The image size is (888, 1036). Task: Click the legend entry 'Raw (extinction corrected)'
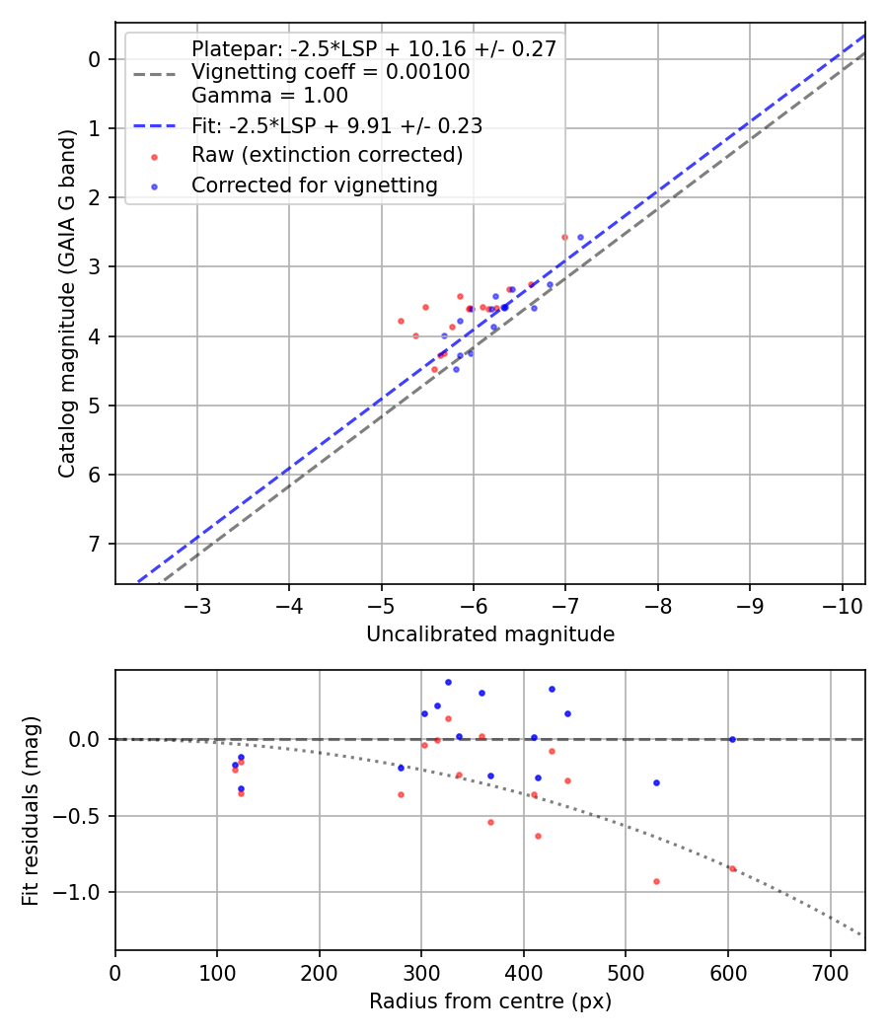[x=327, y=155]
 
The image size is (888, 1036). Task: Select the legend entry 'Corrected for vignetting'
[x=315, y=185]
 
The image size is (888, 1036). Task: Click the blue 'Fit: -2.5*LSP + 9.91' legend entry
[x=336, y=125]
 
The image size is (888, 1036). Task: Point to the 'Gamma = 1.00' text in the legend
[x=269, y=96]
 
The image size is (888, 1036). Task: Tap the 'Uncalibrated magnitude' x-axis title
[x=490, y=634]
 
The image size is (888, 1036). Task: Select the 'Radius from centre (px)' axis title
[x=490, y=1001]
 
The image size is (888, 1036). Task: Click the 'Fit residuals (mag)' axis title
[x=30, y=810]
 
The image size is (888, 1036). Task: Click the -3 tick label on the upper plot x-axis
[x=197, y=604]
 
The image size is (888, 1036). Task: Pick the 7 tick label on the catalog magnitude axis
[x=96, y=545]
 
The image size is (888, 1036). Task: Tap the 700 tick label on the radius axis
[x=830, y=971]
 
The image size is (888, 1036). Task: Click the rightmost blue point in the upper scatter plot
[x=580, y=237]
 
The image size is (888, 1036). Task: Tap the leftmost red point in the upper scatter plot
[x=401, y=321]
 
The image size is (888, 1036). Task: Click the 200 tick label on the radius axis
[x=320, y=971]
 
